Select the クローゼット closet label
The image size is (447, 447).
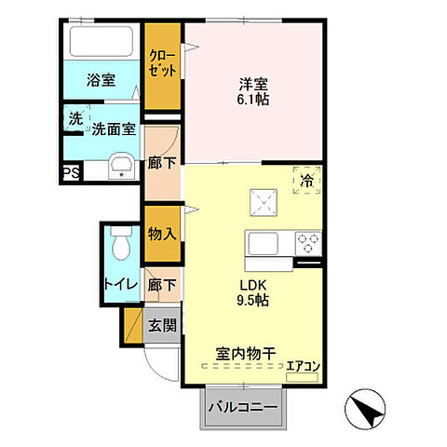click(x=163, y=61)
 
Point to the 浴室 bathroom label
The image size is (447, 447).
click(x=102, y=80)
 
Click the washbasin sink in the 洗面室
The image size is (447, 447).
click(x=122, y=168)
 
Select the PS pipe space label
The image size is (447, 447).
click(x=71, y=173)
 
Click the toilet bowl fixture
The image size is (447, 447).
click(x=118, y=246)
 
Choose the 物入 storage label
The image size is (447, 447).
click(x=162, y=234)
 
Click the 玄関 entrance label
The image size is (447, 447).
click(x=162, y=326)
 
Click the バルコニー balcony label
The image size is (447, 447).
click(x=242, y=407)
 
